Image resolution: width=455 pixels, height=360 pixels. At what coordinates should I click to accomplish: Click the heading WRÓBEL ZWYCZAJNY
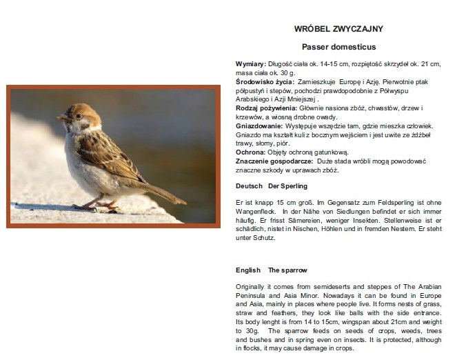338,29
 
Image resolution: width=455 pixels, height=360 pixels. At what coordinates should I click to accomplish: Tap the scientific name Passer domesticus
338,48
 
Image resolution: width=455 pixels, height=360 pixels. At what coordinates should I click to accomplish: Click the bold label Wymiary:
250,64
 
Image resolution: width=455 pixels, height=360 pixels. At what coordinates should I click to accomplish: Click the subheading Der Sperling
287,186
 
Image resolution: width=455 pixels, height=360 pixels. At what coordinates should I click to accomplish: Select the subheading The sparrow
287,270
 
